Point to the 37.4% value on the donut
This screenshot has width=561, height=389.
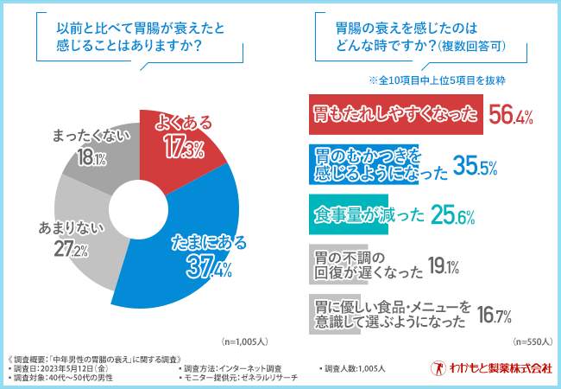tap(208, 268)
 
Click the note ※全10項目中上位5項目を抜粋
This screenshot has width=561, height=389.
tap(436, 80)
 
